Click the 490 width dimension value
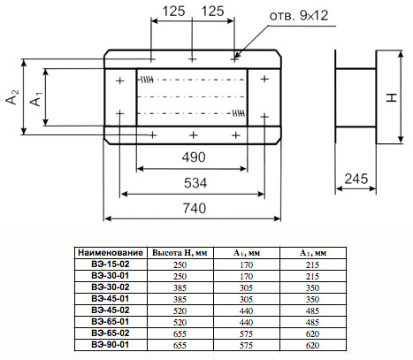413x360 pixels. pos(194,157)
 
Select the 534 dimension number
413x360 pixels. pos(195,183)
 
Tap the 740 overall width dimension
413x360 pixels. pos(195,209)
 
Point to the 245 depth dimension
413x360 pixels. pos(356,179)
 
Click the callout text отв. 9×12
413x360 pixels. pos(299,15)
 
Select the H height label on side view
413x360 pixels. pos(392,98)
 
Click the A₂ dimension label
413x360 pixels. pos(12,97)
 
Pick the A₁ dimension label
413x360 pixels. pos(36,99)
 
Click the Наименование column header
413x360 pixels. pos(111,253)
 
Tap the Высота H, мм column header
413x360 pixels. pos(180,253)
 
